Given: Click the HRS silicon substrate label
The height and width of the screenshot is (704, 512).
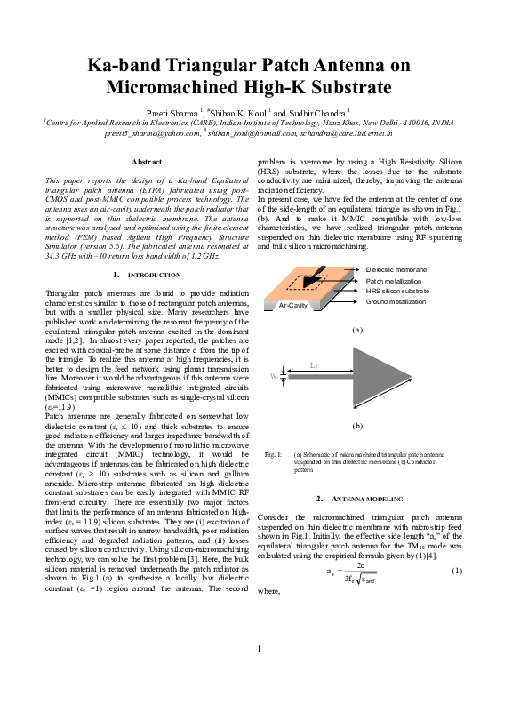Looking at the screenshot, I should tap(397, 291).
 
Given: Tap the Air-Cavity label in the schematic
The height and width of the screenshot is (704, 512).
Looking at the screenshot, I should tap(292, 304).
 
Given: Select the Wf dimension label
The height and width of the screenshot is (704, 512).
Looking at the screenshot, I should tap(274, 377).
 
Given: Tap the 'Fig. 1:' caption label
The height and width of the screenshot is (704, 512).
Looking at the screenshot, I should tap(274, 455).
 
